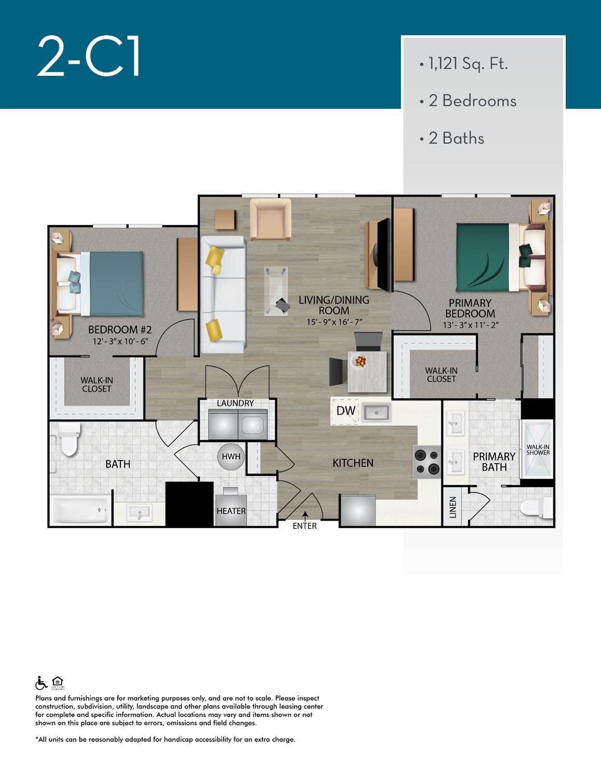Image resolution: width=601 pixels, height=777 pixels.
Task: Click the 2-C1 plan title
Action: (88, 57)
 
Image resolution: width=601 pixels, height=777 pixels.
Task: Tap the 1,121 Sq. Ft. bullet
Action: (464, 64)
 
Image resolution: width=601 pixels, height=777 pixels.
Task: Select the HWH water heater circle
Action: (231, 457)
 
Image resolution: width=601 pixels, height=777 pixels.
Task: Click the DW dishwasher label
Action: (346, 411)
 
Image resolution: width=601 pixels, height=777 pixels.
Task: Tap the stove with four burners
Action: (426, 462)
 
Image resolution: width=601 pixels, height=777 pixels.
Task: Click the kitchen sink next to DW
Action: (376, 412)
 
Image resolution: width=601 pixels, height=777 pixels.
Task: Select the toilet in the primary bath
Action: (537, 507)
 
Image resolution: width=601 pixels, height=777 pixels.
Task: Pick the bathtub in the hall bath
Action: (80, 510)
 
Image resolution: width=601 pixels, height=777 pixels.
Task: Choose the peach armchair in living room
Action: (271, 219)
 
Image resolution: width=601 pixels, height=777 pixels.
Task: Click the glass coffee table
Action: (276, 291)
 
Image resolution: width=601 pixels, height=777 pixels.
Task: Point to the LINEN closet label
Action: (453, 507)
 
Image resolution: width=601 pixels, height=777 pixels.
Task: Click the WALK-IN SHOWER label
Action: (538, 449)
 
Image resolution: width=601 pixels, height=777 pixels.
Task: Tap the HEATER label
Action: (231, 511)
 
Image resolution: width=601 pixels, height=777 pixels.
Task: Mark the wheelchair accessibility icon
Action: (41, 683)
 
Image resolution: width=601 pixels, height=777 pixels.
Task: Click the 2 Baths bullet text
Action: (456, 138)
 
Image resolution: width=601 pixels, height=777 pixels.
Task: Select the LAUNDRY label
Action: (235, 403)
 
